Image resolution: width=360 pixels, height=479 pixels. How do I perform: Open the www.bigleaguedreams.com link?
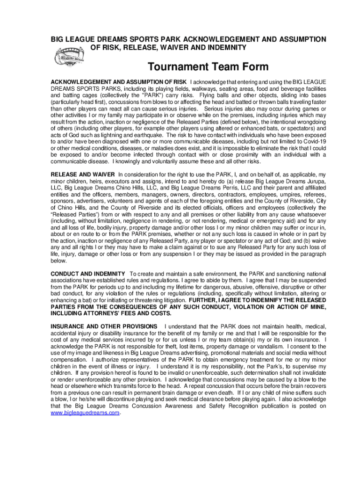pyautogui.click(x=85, y=413)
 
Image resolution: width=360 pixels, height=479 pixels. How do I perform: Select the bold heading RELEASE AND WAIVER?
pyautogui.click(x=83, y=174)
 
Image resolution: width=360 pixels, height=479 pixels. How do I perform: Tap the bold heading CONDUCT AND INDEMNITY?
pyautogui.click(x=87, y=274)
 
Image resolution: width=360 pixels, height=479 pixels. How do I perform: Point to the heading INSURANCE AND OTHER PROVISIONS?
pyautogui.click(x=104, y=326)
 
